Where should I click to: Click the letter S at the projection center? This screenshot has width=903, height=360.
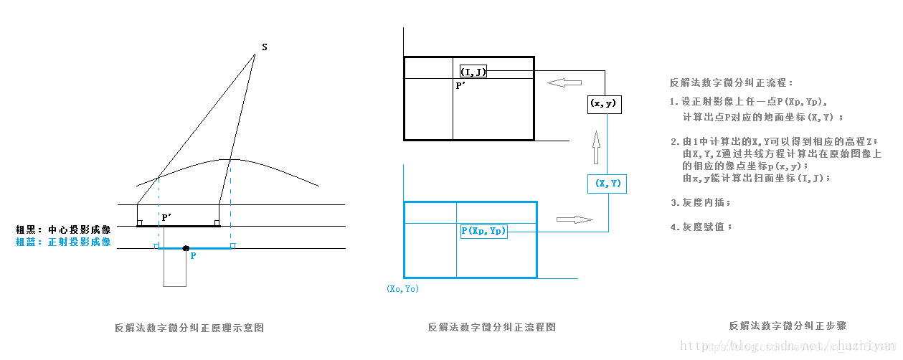click(x=265, y=47)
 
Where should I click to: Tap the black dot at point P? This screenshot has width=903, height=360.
click(x=186, y=248)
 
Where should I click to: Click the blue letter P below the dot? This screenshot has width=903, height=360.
click(x=193, y=255)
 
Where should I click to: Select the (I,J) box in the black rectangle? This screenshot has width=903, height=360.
click(x=473, y=71)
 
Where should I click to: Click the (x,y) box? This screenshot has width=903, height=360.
click(x=603, y=104)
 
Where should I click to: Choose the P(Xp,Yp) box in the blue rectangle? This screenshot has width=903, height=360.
click(x=483, y=231)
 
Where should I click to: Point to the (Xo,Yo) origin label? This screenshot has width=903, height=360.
click(x=402, y=288)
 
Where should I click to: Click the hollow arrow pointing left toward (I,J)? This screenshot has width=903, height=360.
click(x=564, y=83)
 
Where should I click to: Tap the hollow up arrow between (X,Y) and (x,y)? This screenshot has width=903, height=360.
click(x=595, y=151)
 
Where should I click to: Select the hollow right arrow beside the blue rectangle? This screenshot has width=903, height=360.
click(x=575, y=219)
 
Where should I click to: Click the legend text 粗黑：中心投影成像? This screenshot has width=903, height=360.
click(x=64, y=230)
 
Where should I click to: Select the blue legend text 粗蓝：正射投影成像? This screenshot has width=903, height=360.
click(x=64, y=242)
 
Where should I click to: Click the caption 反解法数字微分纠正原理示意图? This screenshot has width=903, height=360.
click(x=189, y=327)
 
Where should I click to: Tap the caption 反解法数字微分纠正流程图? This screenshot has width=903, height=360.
click(x=492, y=327)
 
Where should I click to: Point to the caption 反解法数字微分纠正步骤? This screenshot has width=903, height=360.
click(x=787, y=326)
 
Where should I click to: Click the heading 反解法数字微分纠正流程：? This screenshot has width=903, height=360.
click(x=731, y=83)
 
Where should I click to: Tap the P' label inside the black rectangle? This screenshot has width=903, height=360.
click(x=460, y=85)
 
